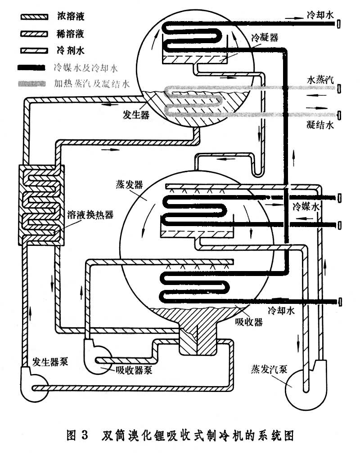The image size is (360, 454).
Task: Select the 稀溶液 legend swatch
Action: tap(34, 33)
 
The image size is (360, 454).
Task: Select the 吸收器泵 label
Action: tap(135, 370)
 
